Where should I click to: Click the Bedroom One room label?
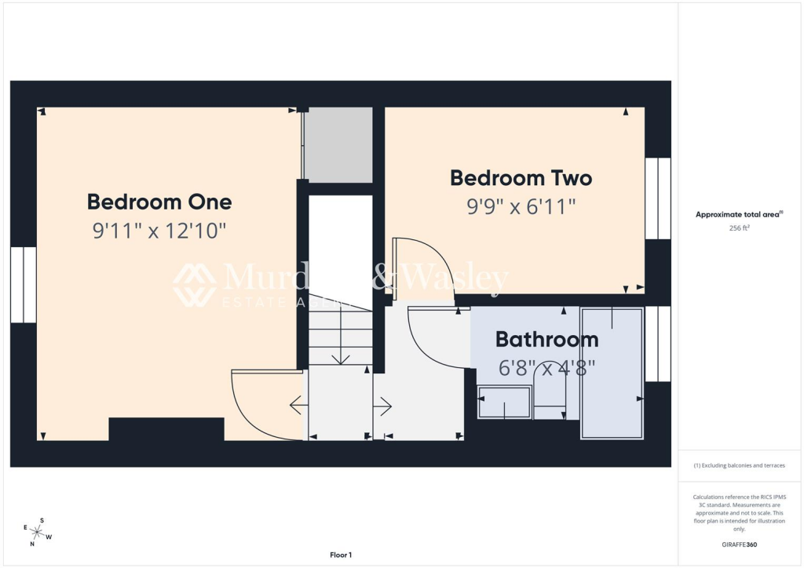click(159, 202)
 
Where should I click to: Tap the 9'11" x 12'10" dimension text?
click(159, 231)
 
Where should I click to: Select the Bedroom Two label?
click(521, 178)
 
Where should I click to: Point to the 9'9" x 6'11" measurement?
click(521, 207)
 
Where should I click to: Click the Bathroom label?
click(546, 340)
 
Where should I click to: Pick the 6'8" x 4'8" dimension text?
click(546, 367)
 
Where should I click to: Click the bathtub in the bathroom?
click(612, 372)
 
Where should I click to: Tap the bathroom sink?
click(504, 402)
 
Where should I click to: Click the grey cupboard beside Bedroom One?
click(338, 145)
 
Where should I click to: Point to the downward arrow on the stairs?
click(341, 356)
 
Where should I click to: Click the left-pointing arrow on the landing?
click(298, 406)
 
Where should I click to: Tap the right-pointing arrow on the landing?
click(384, 406)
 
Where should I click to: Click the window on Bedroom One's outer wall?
click(24, 285)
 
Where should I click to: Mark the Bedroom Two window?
click(658, 198)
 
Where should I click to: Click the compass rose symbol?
click(35, 532)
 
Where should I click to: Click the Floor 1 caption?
click(341, 555)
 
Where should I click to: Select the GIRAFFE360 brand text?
click(740, 544)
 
